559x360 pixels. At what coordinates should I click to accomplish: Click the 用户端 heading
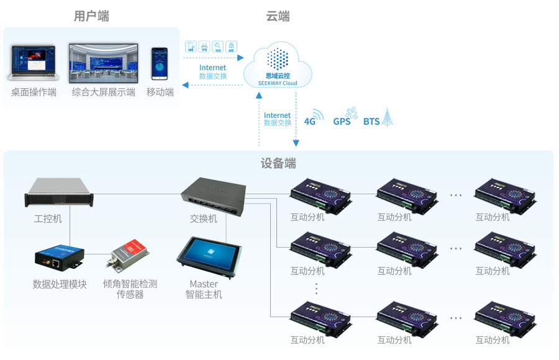coord(91,17)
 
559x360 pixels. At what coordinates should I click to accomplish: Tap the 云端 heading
coord(278,17)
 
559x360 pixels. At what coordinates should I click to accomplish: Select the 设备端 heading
coord(278,164)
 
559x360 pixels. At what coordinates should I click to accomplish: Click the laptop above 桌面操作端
coord(33,63)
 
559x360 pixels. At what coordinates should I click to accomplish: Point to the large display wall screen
coord(103,62)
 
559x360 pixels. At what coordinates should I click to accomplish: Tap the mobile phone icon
coord(160,63)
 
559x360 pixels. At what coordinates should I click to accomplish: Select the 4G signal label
coord(310,121)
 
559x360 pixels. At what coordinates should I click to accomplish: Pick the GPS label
coord(342,121)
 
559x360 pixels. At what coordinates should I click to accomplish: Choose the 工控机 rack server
coord(60,192)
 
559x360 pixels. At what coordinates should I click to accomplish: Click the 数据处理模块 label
coord(60,284)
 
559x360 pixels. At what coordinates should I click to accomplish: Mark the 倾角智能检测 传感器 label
coord(130,289)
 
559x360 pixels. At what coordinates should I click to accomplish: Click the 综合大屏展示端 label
coord(103,92)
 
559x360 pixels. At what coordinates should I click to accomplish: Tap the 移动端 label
coord(160,92)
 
